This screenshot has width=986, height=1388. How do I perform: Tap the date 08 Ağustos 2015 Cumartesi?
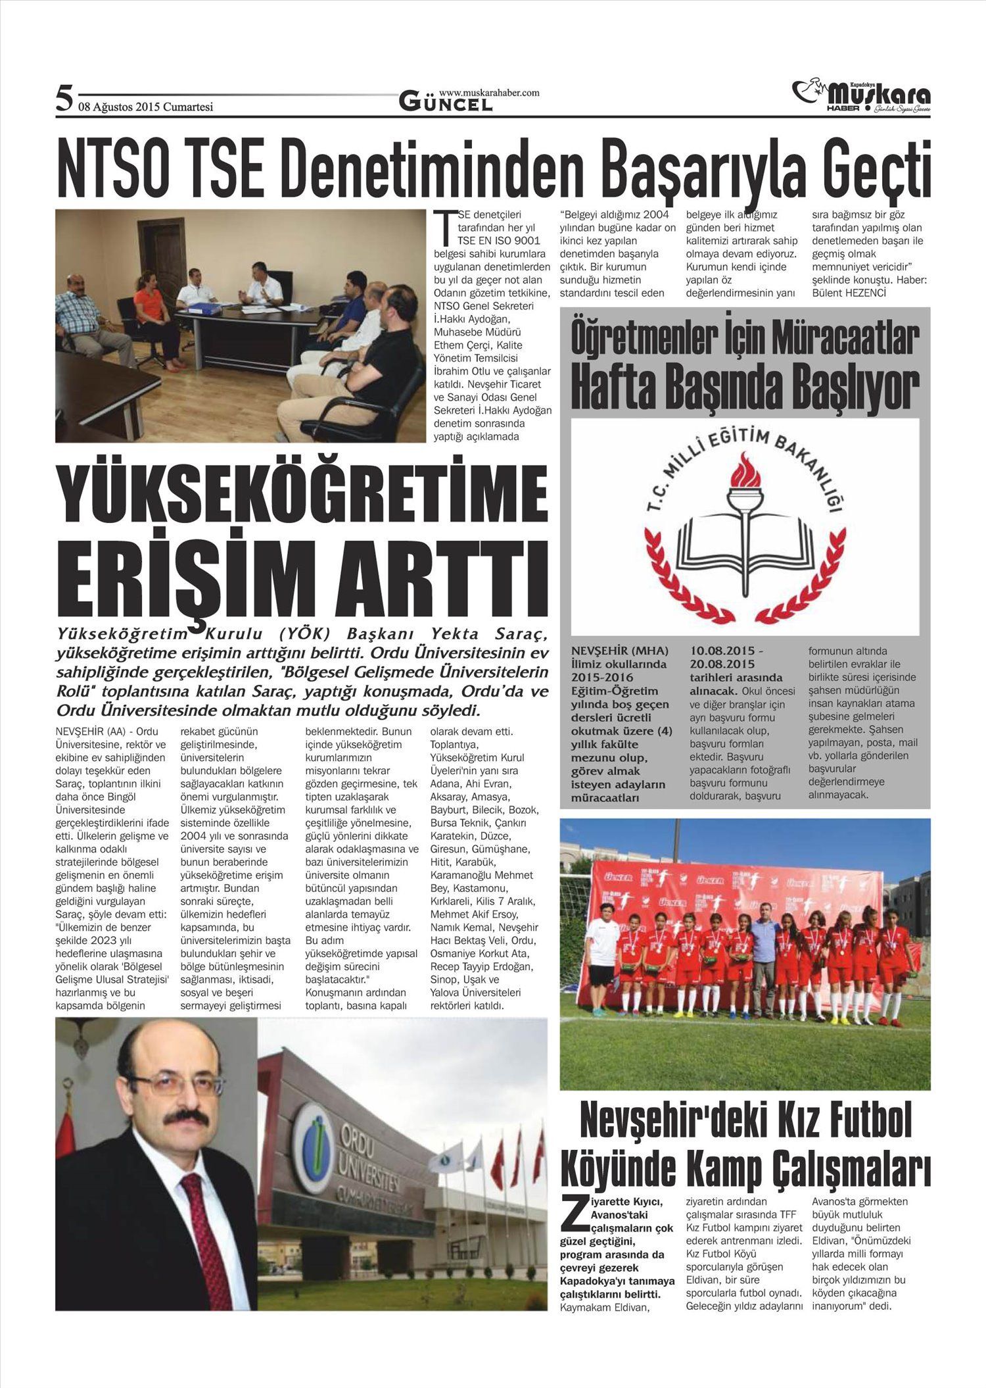tap(146, 107)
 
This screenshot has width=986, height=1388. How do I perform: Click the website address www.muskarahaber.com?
tap(488, 93)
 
